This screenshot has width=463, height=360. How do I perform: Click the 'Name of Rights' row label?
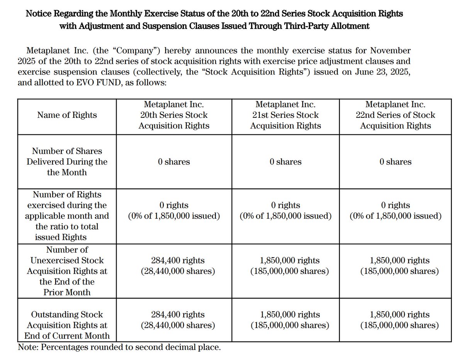pos(67,115)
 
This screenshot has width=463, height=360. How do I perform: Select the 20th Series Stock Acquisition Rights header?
pos(174,115)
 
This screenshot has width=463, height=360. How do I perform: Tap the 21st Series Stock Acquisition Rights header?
pos(285,115)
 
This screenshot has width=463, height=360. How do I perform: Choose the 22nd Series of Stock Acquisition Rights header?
pos(395,115)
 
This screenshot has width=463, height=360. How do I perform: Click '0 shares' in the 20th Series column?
pos(174,162)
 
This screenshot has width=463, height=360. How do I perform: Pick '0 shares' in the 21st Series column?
pos(285,162)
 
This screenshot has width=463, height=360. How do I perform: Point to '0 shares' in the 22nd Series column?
pos(395,162)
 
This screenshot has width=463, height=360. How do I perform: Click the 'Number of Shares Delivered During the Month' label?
pos(67,162)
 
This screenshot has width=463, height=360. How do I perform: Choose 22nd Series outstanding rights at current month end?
pos(399,320)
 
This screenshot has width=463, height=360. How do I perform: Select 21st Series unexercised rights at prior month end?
pos(290,266)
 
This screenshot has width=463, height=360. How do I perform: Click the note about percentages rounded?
pos(119,347)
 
